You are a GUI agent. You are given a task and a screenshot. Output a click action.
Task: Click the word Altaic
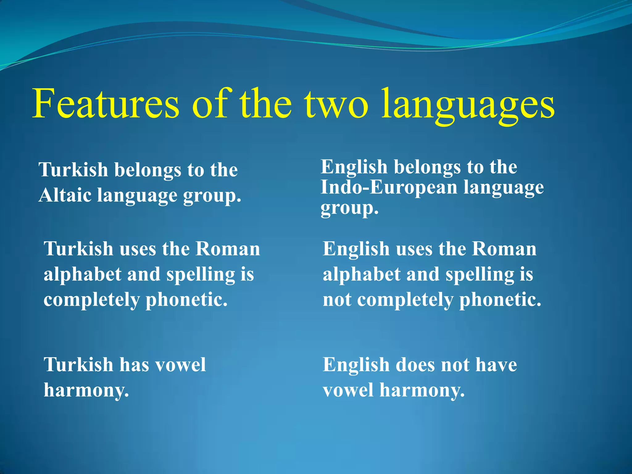(x=65, y=195)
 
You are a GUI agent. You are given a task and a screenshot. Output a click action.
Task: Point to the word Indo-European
(x=389, y=187)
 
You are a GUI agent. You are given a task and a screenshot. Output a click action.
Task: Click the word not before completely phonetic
(x=337, y=300)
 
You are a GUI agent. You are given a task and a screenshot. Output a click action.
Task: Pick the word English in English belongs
(x=354, y=167)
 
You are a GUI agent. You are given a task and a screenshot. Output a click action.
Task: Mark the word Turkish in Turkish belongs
(x=73, y=170)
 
